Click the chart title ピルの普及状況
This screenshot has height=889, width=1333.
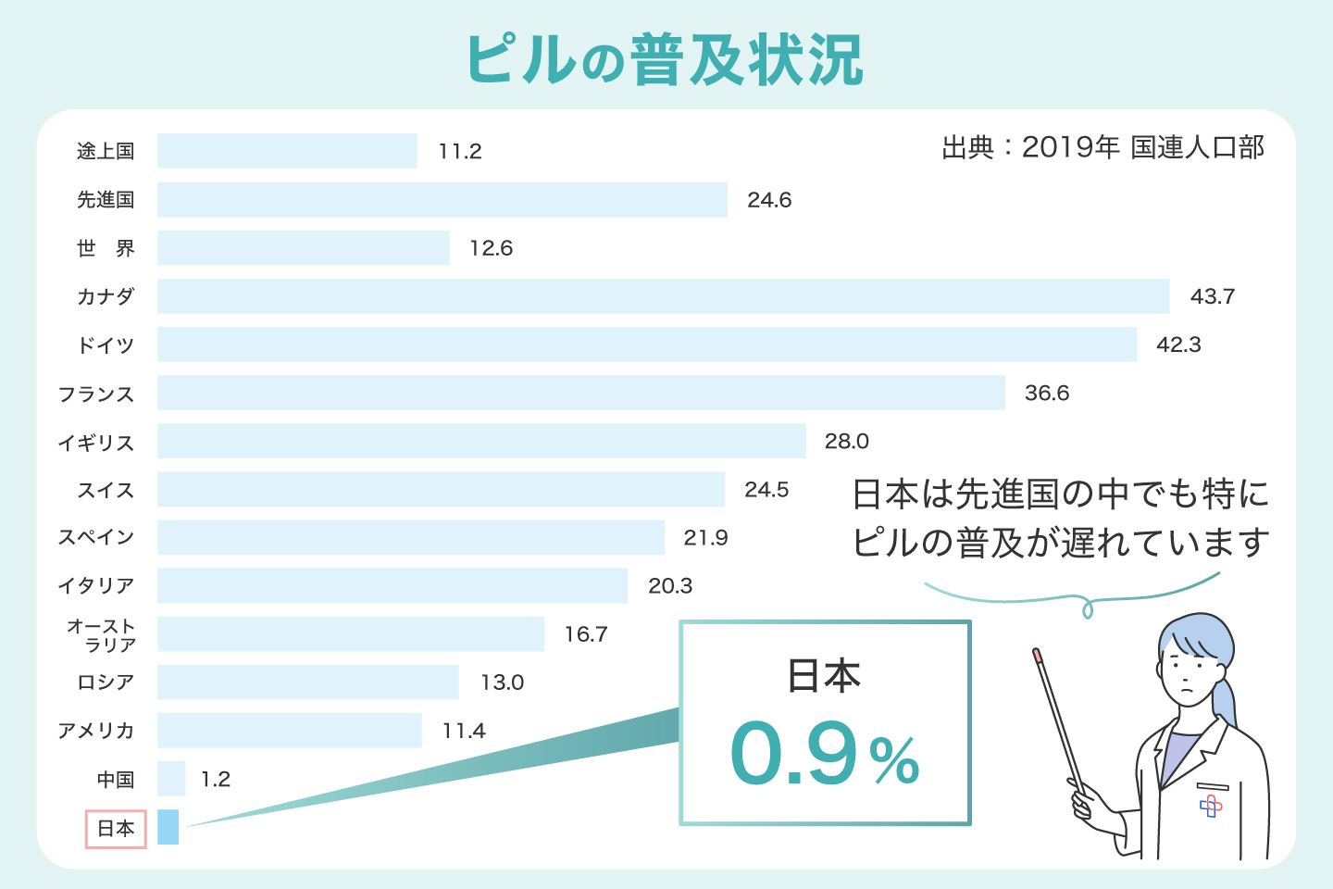pyautogui.click(x=665, y=60)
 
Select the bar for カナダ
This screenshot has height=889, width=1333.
pyautogui.click(x=663, y=296)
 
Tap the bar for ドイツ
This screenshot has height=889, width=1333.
pyautogui.click(x=646, y=344)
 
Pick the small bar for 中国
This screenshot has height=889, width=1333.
pyautogui.click(x=171, y=779)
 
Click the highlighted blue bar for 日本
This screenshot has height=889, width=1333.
pyautogui.click(x=168, y=827)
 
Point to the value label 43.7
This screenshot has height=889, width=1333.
pyautogui.click(x=1212, y=296)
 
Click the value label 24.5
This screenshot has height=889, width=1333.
pyautogui.click(x=766, y=490)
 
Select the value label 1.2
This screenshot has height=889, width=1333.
pyautogui.click(x=216, y=780)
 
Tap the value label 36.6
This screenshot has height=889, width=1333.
pyautogui.click(x=1046, y=394)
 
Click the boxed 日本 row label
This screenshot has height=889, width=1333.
pyautogui.click(x=116, y=829)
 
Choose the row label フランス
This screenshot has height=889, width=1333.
pyautogui.click(x=96, y=394)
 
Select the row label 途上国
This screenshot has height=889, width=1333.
pyautogui.click(x=106, y=151)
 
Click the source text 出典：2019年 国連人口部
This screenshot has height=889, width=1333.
pyautogui.click(x=1103, y=148)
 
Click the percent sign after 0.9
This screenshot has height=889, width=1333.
pyautogui.click(x=895, y=762)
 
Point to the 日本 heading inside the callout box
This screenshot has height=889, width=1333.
pyautogui.click(x=824, y=676)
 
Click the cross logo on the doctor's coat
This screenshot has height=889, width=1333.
pyautogui.click(x=1210, y=807)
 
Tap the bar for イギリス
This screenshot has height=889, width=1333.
pyautogui.click(x=481, y=441)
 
